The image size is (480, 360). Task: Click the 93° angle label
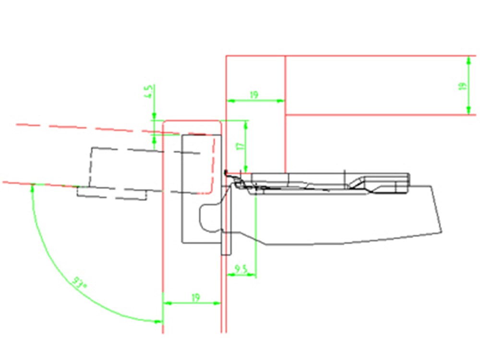pos(79,282)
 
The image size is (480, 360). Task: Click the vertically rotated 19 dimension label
pos(462,86)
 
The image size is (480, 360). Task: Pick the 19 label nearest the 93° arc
pos(195,298)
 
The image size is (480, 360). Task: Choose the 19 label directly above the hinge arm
pos(254,95)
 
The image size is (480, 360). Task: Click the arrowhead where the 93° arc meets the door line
pos(32,187)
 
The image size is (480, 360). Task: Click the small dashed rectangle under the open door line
pos(112,193)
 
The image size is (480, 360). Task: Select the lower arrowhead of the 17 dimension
pos(246,168)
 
